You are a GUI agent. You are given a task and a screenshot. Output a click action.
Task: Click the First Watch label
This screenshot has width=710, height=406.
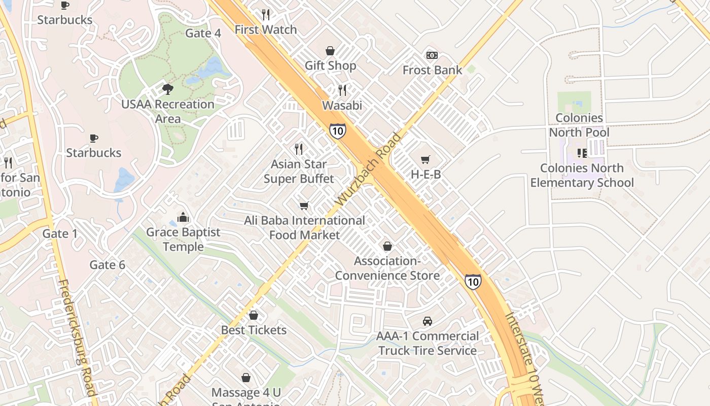click(265, 30)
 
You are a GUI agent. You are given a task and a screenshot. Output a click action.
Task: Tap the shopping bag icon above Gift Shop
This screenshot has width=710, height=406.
click(330, 51)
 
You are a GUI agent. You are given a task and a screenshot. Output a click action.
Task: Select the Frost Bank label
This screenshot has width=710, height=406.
click(432, 70)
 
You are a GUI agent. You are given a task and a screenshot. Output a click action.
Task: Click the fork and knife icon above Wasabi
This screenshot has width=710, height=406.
click(342, 90)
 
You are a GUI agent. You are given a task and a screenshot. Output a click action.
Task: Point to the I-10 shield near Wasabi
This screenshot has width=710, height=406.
click(337, 130)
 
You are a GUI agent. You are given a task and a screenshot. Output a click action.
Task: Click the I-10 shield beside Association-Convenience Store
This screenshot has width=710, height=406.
click(473, 281)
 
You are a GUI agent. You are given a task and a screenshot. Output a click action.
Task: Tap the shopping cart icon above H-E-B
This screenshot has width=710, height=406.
click(425, 160)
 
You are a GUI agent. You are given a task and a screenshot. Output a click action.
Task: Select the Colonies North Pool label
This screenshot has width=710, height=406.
click(579, 125)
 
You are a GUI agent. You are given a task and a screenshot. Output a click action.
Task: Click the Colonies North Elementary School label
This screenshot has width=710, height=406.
click(582, 175)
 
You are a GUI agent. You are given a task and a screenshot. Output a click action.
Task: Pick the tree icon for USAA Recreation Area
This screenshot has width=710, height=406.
click(167, 89)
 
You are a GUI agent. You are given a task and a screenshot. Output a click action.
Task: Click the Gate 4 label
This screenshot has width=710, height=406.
click(203, 33)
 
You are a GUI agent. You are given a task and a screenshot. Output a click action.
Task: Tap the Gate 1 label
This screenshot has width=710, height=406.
click(60, 234)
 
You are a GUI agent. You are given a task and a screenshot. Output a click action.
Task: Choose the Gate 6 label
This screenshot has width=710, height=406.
click(107, 265)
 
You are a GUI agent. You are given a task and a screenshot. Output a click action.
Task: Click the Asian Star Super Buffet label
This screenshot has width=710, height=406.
click(299, 172)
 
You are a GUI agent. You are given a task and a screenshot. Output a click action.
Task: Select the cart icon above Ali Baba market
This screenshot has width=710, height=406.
click(304, 206)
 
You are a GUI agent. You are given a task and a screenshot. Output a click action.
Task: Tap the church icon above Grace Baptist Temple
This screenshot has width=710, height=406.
click(183, 218)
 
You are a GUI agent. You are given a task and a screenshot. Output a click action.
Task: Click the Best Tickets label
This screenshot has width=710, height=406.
click(254, 330)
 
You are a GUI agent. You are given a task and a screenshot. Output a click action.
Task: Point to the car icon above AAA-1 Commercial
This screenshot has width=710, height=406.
click(428, 321)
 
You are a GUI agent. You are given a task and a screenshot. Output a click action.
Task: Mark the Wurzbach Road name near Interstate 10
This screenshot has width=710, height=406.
click(368, 170)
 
